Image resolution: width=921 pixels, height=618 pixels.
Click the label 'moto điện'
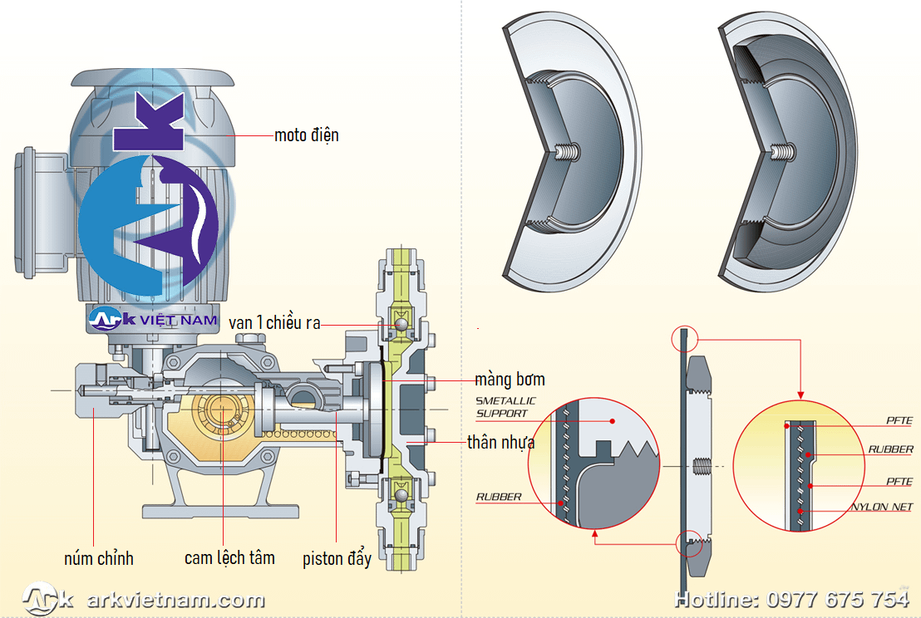307,135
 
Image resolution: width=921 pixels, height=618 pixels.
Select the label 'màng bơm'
510,380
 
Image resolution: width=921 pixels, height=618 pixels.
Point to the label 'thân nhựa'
500,443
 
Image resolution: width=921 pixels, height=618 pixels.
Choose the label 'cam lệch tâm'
229,558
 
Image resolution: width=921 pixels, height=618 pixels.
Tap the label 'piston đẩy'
337,558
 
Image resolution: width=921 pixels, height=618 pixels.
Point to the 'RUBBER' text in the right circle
891,449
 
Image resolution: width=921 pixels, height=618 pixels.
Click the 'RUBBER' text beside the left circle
499,497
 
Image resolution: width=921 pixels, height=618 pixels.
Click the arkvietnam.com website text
175,600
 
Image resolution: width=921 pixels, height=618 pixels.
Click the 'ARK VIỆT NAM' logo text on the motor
154,319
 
